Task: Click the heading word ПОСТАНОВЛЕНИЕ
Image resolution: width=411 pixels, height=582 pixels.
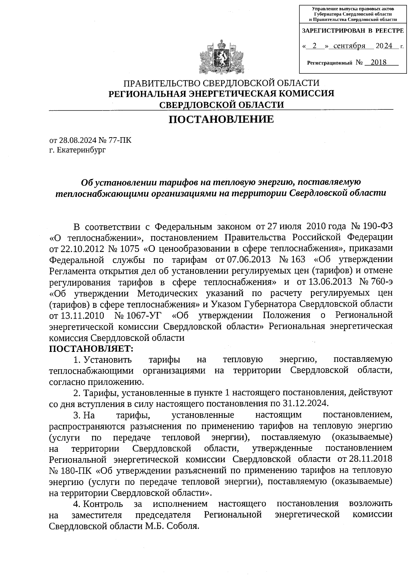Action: (x=221, y=119)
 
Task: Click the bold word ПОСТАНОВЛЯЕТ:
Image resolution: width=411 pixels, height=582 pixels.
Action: (x=91, y=349)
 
